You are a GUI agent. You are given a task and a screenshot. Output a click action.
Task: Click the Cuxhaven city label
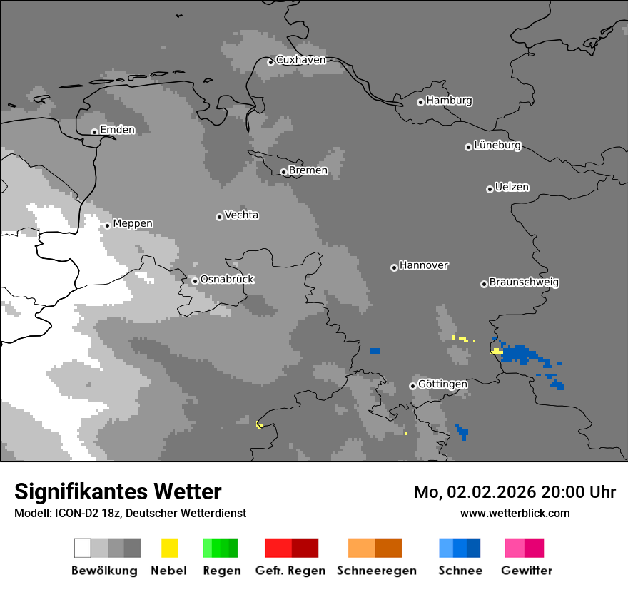coord(300,60)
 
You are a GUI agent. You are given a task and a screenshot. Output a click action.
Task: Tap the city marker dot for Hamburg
coord(420,102)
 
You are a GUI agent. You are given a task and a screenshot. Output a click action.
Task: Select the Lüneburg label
coord(497,146)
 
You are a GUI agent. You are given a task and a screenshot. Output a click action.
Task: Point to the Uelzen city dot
coord(490,189)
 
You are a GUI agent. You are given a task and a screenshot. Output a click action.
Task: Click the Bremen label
coord(308,170)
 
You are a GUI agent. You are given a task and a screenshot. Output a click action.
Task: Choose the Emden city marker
coord(94,131)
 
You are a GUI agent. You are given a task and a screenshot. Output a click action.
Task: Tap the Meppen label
coord(133,223)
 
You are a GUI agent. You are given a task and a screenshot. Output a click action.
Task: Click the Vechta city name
coord(241,215)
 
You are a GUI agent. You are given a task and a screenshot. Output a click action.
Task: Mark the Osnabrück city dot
coord(195,281)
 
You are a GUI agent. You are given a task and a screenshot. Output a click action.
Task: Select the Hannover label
coord(423,265)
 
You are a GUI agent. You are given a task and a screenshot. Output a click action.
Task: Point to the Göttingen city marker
coord(412,386)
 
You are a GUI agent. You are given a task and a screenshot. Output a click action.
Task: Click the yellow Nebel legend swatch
coord(169,548)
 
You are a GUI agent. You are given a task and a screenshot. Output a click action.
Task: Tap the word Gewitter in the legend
coord(526,571)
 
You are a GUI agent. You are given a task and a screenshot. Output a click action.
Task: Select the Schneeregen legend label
coord(376,571)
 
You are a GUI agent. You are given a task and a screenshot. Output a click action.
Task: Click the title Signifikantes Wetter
coord(118,491)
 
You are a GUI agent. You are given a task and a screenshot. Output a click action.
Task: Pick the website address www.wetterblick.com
coord(515,513)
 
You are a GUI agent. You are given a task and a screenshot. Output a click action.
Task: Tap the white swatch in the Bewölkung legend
coord(83,548)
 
